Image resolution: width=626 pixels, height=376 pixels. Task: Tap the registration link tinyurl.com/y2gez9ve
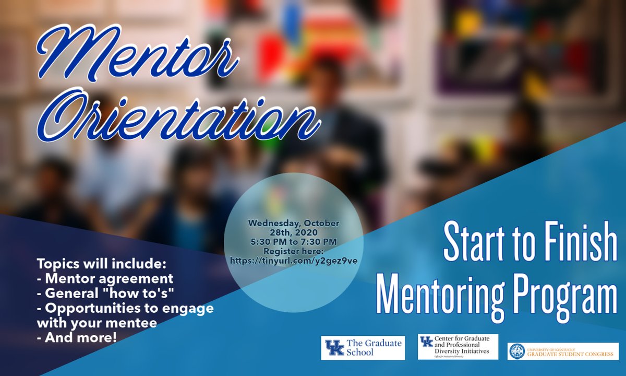click(293, 260)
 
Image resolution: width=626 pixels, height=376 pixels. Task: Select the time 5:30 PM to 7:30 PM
click(293, 241)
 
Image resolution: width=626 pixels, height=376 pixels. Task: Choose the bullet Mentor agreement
click(105, 278)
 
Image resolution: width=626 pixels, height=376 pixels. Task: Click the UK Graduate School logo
click(363, 347)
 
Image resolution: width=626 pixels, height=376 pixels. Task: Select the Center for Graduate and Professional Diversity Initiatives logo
click(458, 347)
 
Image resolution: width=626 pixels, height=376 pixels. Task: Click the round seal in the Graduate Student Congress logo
click(517, 351)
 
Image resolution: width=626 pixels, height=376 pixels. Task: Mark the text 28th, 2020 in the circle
click(293, 232)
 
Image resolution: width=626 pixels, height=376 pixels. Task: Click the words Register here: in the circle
click(293, 250)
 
